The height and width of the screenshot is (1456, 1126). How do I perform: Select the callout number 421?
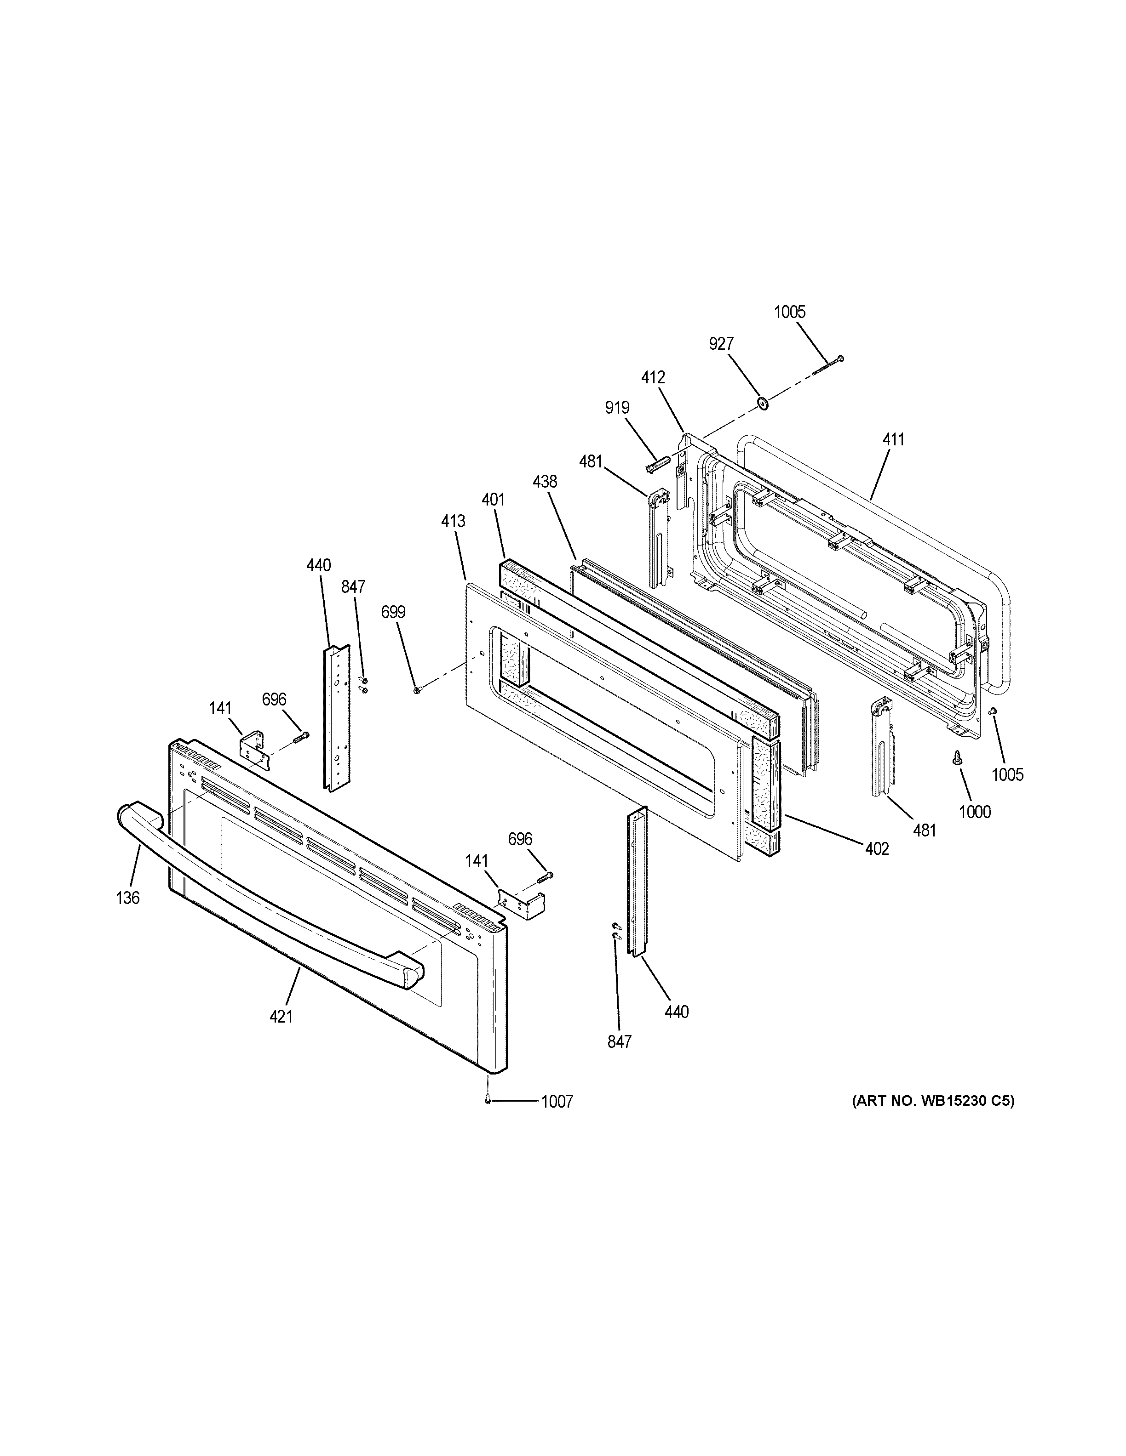click(x=281, y=1035)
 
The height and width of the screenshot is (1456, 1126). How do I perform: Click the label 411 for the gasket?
click(x=893, y=440)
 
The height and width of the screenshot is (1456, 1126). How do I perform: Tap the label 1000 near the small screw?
click(x=975, y=812)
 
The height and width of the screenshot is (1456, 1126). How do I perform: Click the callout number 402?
click(x=877, y=849)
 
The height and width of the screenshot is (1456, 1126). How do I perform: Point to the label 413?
click(x=453, y=521)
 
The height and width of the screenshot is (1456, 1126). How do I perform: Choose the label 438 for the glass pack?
click(x=545, y=481)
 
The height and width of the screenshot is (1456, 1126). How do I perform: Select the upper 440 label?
click(x=318, y=566)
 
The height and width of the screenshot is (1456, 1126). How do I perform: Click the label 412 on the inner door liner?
click(x=653, y=378)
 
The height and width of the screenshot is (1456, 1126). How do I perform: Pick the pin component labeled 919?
click(x=656, y=464)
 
